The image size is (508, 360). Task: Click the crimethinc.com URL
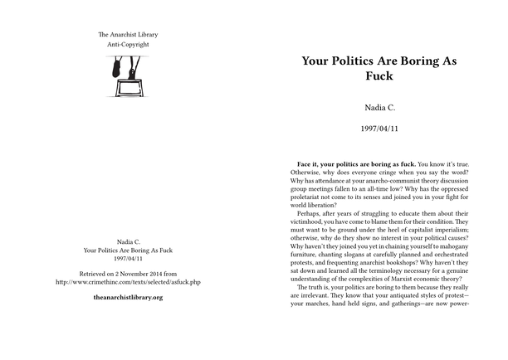click(127, 282)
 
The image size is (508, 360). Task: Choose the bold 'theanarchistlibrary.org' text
click(127, 297)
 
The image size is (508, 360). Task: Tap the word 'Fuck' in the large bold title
click(380, 77)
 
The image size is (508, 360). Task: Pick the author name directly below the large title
click(380, 108)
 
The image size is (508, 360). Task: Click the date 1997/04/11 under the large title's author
click(380, 129)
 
